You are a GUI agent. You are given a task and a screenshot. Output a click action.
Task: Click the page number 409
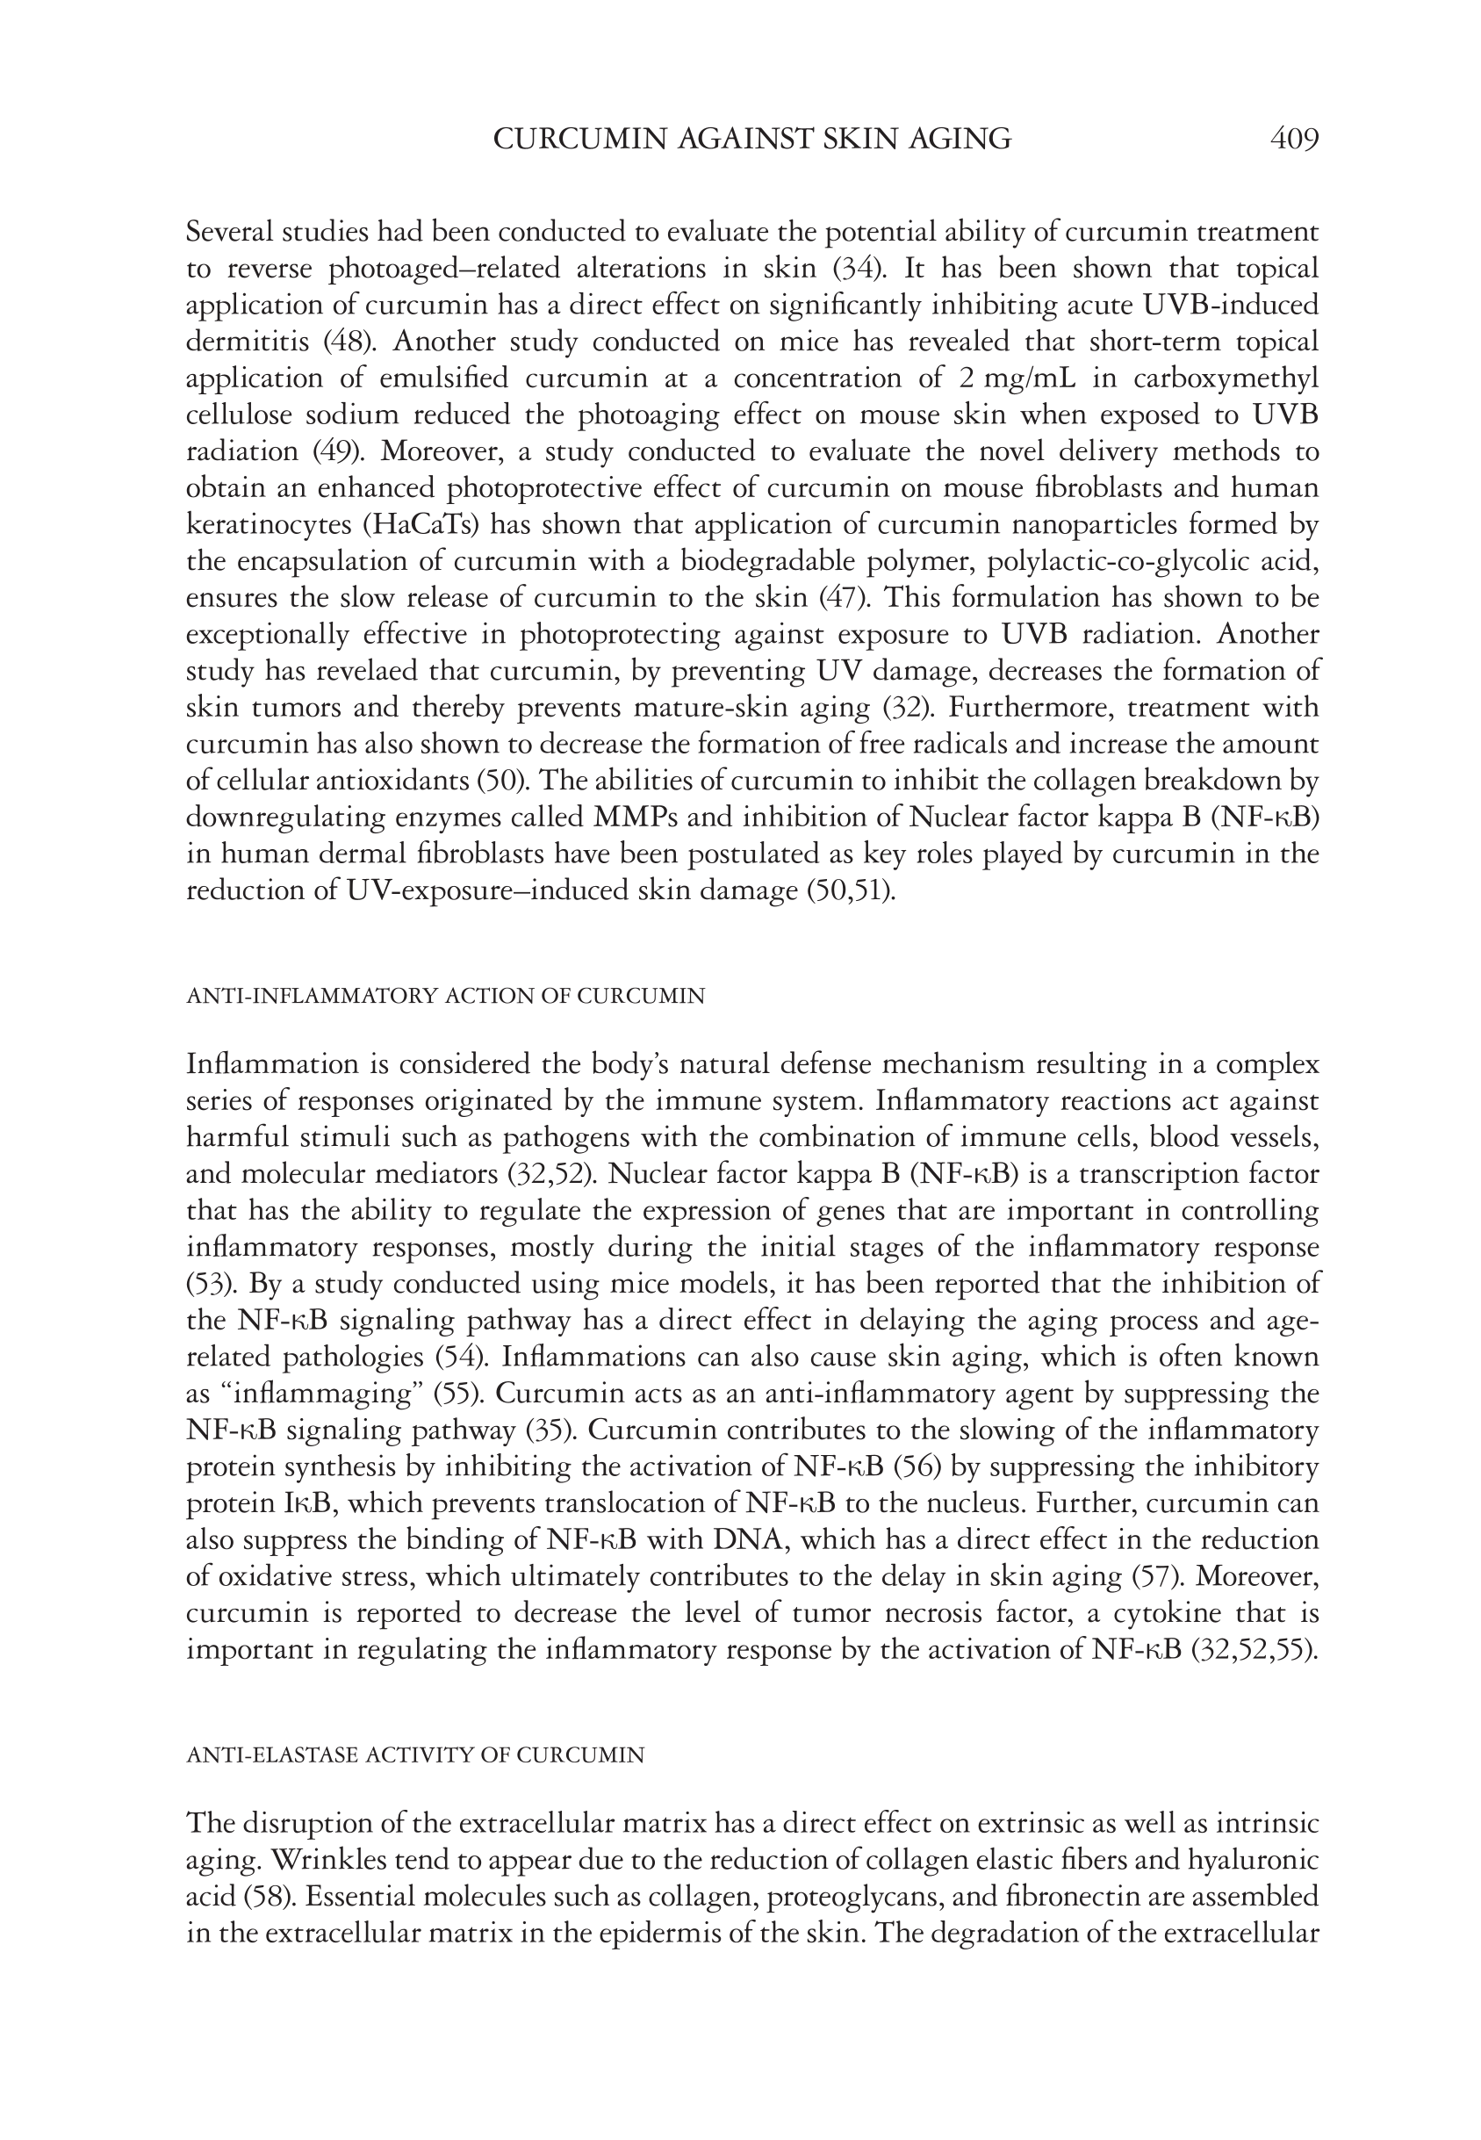point(1293,140)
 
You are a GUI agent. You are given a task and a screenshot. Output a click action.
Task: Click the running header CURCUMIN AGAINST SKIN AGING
point(751,140)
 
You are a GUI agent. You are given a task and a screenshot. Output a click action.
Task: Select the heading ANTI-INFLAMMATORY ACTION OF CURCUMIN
point(445,996)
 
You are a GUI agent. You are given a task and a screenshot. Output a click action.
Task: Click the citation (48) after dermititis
point(349,342)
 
